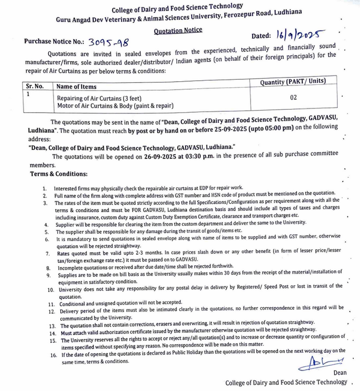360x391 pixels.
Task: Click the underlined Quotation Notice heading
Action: coord(178,30)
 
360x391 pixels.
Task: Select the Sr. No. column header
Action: coord(35,86)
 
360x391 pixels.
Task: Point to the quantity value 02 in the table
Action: coord(293,97)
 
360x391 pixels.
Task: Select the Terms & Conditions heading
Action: coord(59,173)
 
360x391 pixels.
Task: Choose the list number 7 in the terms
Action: coord(48,253)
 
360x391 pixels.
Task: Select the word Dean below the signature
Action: coord(341,373)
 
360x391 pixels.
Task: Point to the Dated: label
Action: coord(261,37)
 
